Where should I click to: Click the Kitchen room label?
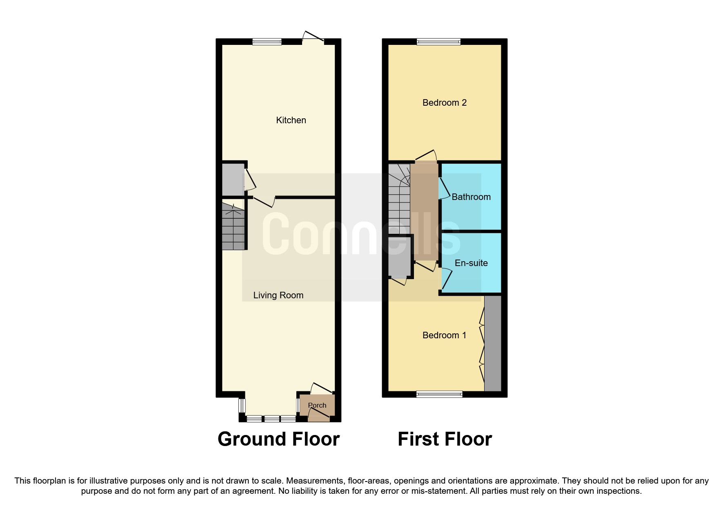pyautogui.click(x=291, y=120)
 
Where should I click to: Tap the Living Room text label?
pyautogui.click(x=278, y=295)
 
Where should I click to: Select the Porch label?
pyautogui.click(x=317, y=405)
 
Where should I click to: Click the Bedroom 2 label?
pyautogui.click(x=444, y=102)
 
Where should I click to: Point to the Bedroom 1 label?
pyautogui.click(x=444, y=335)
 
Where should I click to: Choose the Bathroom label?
pyautogui.click(x=471, y=197)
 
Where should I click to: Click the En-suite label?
pyautogui.click(x=471, y=263)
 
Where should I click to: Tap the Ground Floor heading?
pyautogui.click(x=278, y=439)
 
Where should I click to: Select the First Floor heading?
pyautogui.click(x=445, y=439)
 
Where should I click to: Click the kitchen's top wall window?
pyautogui.click(x=267, y=41)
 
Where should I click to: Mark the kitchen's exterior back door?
pyautogui.click(x=313, y=39)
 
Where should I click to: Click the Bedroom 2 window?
pyautogui.click(x=438, y=41)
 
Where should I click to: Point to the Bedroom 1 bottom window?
pyautogui.click(x=439, y=394)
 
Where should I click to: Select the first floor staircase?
pyautogui.click(x=398, y=200)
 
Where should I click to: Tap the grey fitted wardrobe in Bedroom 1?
pyautogui.click(x=492, y=343)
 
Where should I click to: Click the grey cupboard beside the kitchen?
pyautogui.click(x=232, y=180)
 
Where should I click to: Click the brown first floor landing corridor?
pyautogui.click(x=424, y=210)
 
